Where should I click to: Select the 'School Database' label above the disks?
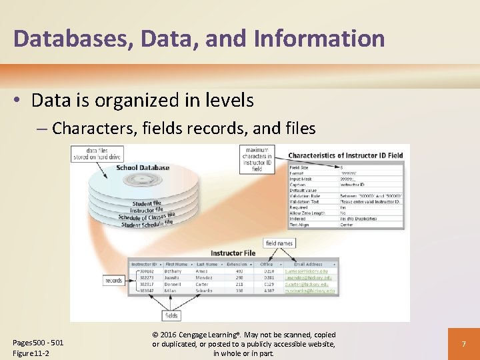[143, 167]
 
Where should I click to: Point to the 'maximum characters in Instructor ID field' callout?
[257, 159]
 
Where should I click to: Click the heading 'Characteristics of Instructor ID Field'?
[345, 155]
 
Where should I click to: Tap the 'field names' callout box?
[279, 243]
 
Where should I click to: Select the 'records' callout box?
[113, 281]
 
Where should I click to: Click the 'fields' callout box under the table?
[171, 315]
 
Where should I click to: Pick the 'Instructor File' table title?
[233, 253]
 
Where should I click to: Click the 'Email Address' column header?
[307, 264]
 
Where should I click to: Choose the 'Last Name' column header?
[207, 264]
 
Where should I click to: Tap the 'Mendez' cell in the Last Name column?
[204, 278]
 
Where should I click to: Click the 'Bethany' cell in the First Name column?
[175, 271]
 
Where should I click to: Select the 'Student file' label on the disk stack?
[147, 203]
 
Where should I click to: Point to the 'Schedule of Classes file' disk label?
[147, 217]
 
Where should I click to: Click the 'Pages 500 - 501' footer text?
[39, 343]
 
